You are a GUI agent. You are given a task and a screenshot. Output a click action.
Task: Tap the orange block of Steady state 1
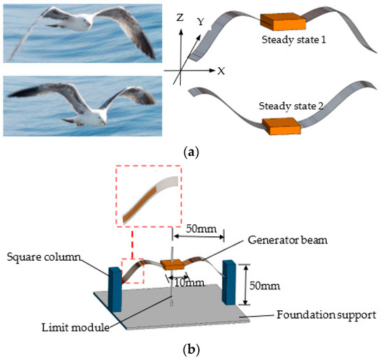pyautogui.click(x=281, y=22)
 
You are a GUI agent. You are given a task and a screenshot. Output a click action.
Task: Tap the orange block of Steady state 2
pyautogui.click(x=282, y=127)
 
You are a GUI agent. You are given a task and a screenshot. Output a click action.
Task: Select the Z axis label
pyautogui.click(x=179, y=19)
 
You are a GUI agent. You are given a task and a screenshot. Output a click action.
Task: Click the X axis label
pyautogui.click(x=221, y=71)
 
